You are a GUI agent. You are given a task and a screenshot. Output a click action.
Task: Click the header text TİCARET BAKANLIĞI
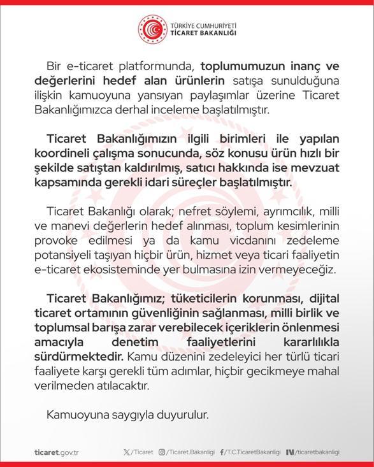[205, 33]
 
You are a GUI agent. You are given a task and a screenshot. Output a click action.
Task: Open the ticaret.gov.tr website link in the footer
[56, 452]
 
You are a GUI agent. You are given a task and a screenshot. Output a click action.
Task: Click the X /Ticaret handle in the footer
[138, 452]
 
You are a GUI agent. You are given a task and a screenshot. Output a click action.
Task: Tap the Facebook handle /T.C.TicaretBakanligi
[250, 452]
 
